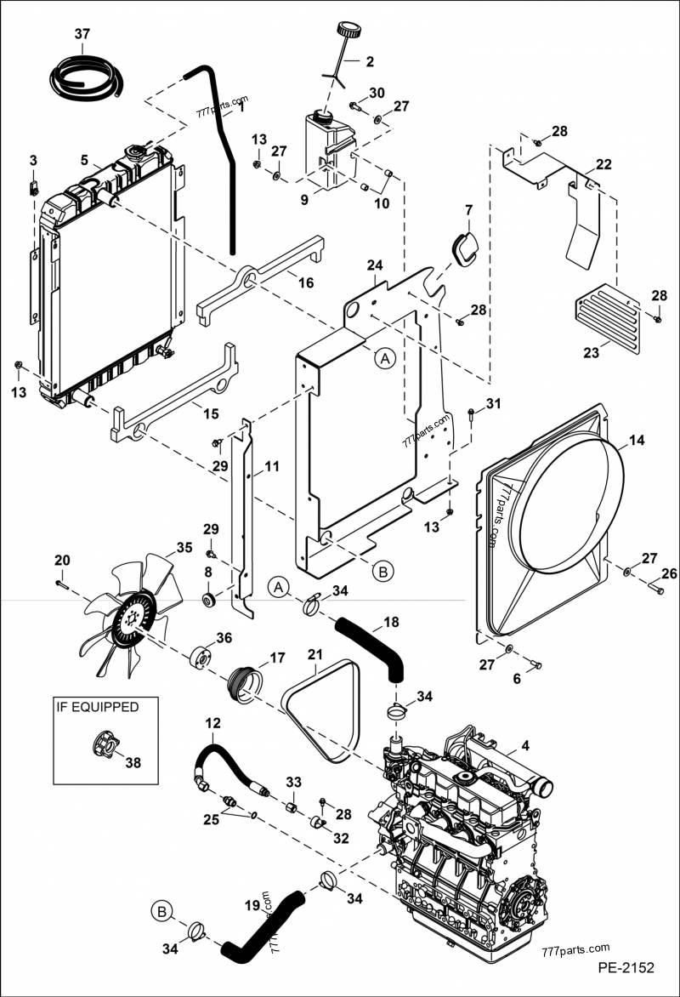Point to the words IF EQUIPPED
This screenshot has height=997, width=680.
click(96, 706)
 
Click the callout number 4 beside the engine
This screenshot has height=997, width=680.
click(524, 746)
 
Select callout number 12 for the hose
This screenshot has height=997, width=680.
click(212, 723)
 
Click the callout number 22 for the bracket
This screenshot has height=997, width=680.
click(603, 164)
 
